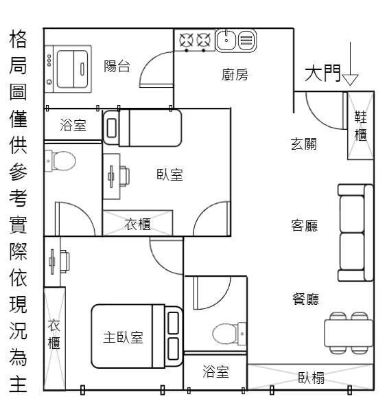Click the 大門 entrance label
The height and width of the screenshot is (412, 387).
pos(322,73)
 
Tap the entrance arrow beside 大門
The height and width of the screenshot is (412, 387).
pos(350,64)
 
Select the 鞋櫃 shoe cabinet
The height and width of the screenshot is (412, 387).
pos(360,126)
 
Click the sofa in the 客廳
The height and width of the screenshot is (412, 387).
pos(355,233)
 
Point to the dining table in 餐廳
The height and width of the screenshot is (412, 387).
pos(349,333)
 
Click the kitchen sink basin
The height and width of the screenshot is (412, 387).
pos(226,40)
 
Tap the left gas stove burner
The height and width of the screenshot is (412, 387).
pos(187,41)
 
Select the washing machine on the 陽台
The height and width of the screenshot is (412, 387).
pos(68,69)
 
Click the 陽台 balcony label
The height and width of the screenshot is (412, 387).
pos(117,66)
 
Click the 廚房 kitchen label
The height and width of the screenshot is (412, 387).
pos(235,75)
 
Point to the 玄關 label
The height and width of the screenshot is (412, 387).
pos(304,144)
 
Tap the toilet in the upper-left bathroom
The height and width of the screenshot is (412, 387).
pos(60,161)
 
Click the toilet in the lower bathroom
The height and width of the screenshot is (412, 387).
pos(229,334)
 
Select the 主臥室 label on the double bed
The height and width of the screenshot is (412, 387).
pos(123,337)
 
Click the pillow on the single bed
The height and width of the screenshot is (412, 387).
pos(112,128)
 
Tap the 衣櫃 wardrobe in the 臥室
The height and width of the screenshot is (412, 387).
pos(137,222)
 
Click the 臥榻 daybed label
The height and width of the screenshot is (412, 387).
pos(312,378)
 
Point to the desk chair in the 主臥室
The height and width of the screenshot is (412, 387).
pos(64,262)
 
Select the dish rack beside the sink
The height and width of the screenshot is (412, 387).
pos(247,41)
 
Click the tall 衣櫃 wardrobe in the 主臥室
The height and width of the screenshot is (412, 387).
pos(55,339)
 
